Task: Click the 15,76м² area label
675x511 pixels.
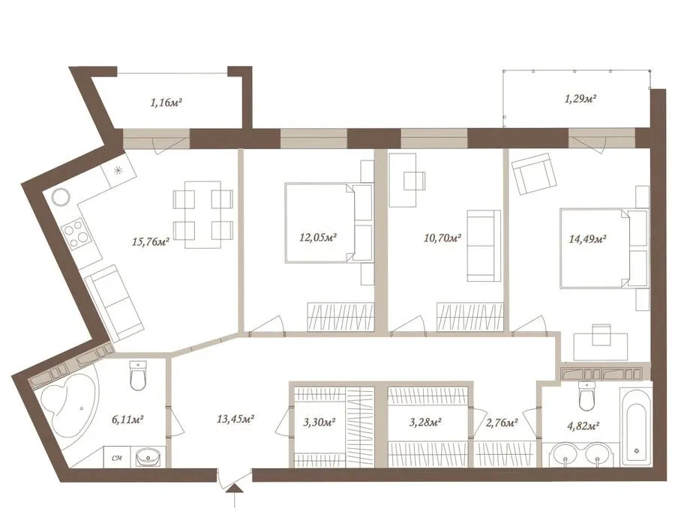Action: (x=151, y=241)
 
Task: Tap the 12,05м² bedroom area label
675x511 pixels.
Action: (x=318, y=237)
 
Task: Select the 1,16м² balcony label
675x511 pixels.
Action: (x=166, y=103)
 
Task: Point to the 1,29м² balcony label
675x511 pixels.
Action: (x=580, y=99)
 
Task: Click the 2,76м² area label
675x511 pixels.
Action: (x=501, y=423)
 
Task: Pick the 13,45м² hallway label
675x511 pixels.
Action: (x=235, y=419)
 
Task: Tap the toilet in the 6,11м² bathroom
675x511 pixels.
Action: (x=138, y=375)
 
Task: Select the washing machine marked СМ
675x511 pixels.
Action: (x=116, y=457)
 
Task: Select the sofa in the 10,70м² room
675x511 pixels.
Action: (x=484, y=246)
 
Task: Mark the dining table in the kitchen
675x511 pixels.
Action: (x=203, y=214)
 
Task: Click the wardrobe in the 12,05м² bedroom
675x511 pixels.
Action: (x=340, y=317)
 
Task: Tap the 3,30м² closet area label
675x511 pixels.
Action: (x=319, y=423)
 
